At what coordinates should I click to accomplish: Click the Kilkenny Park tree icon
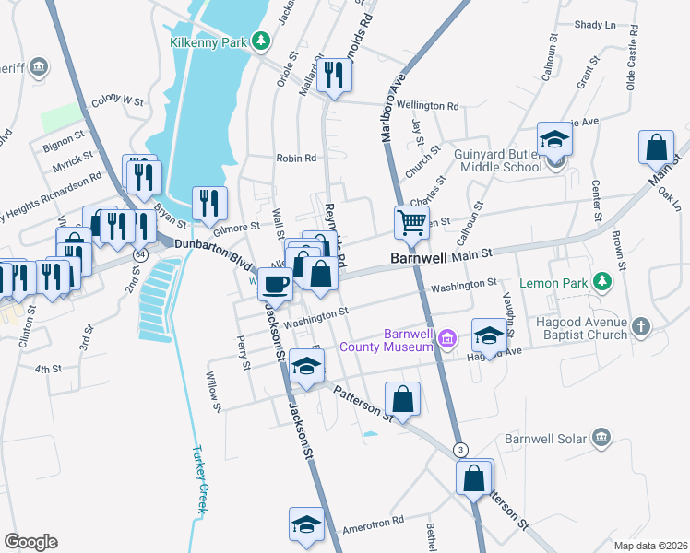(x=261, y=41)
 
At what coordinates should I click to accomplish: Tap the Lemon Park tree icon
(x=603, y=280)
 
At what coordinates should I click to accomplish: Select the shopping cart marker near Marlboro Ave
(x=410, y=220)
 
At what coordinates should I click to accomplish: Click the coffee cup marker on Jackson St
(x=274, y=283)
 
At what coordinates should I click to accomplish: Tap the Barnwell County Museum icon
(x=447, y=338)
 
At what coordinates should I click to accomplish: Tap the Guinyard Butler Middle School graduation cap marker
(x=555, y=139)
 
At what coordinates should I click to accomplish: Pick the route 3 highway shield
(x=460, y=449)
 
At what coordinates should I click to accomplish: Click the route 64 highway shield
(x=139, y=253)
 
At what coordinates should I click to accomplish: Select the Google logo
(x=30, y=542)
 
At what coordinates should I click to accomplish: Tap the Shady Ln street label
(x=594, y=25)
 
